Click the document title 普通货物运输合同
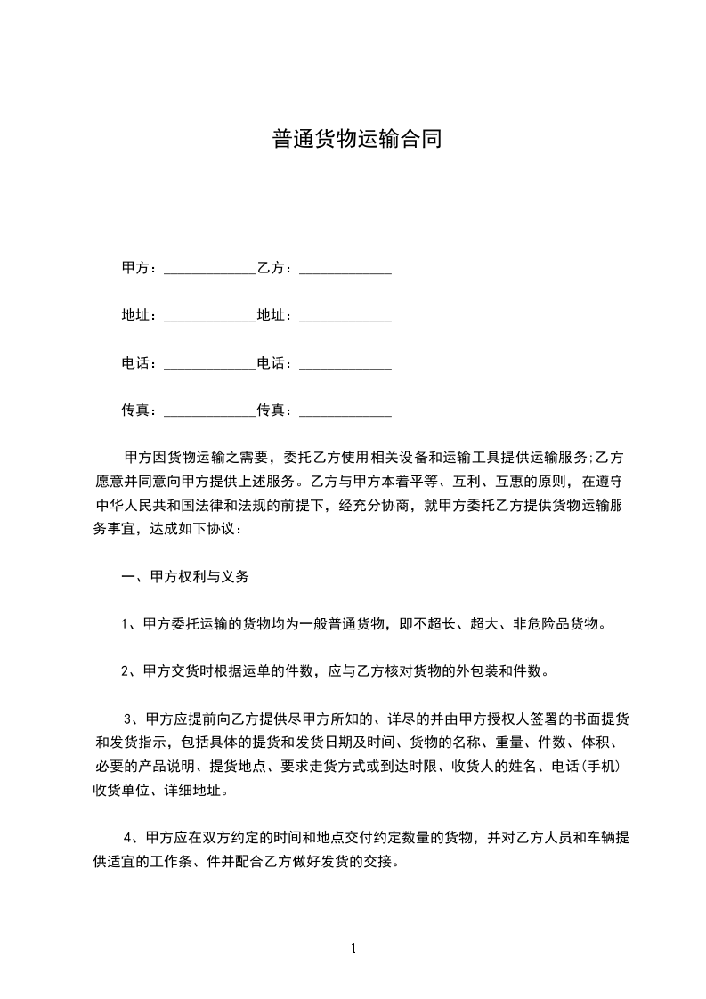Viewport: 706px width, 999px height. (x=356, y=140)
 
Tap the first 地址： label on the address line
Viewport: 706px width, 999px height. (x=139, y=315)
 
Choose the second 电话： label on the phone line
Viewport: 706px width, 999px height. (x=275, y=363)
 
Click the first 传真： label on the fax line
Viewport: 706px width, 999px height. (x=139, y=410)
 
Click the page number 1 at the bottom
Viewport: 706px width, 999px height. (x=353, y=948)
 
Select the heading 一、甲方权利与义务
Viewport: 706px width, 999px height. (x=185, y=576)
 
